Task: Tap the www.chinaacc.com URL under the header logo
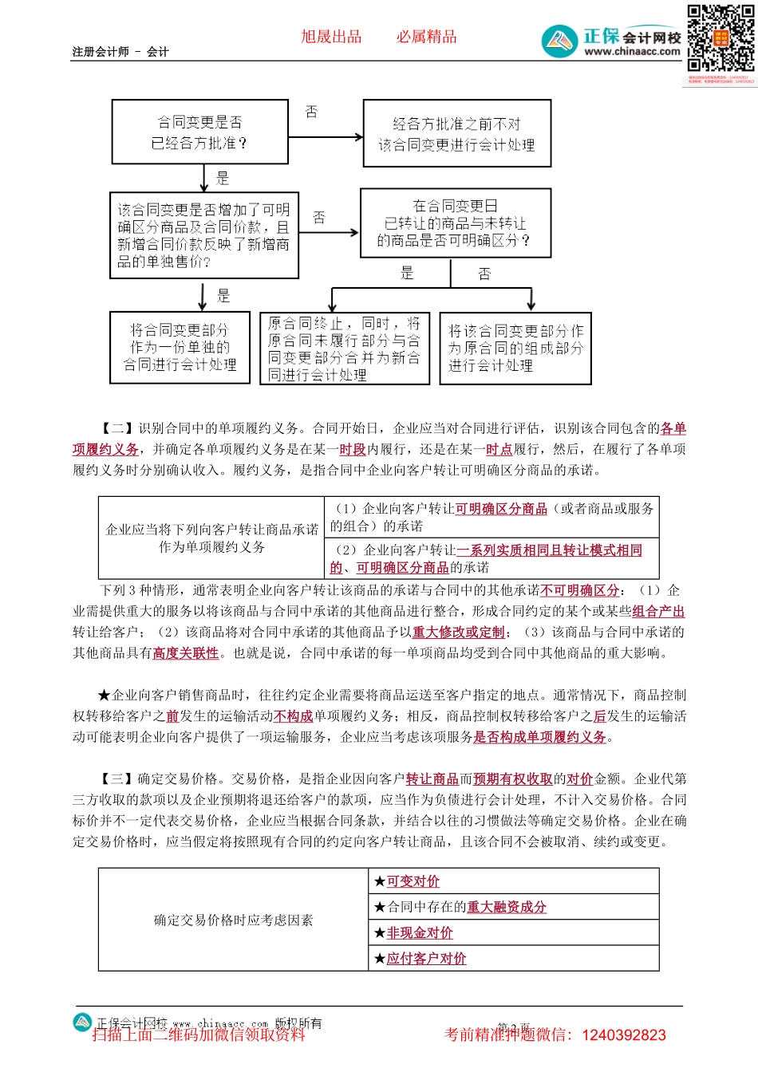[x=632, y=52]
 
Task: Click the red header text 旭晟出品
[x=331, y=37]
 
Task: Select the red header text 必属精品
[x=427, y=37]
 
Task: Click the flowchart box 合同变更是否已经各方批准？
[x=199, y=132]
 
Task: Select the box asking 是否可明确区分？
[x=455, y=223]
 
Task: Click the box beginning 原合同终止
[x=344, y=349]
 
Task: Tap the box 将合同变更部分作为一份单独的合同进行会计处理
[x=180, y=348]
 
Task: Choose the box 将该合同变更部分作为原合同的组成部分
[x=515, y=349]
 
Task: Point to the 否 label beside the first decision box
[x=312, y=112]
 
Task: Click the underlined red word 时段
[x=353, y=450]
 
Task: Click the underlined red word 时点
[x=499, y=450]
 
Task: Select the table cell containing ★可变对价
[x=514, y=881]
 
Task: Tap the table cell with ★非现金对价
[x=514, y=933]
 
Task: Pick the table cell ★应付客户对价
[x=514, y=959]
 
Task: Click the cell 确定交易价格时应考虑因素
[x=233, y=920]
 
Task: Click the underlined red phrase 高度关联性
[x=186, y=653]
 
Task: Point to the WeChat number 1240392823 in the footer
[x=623, y=1035]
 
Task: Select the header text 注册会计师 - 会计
[x=120, y=52]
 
